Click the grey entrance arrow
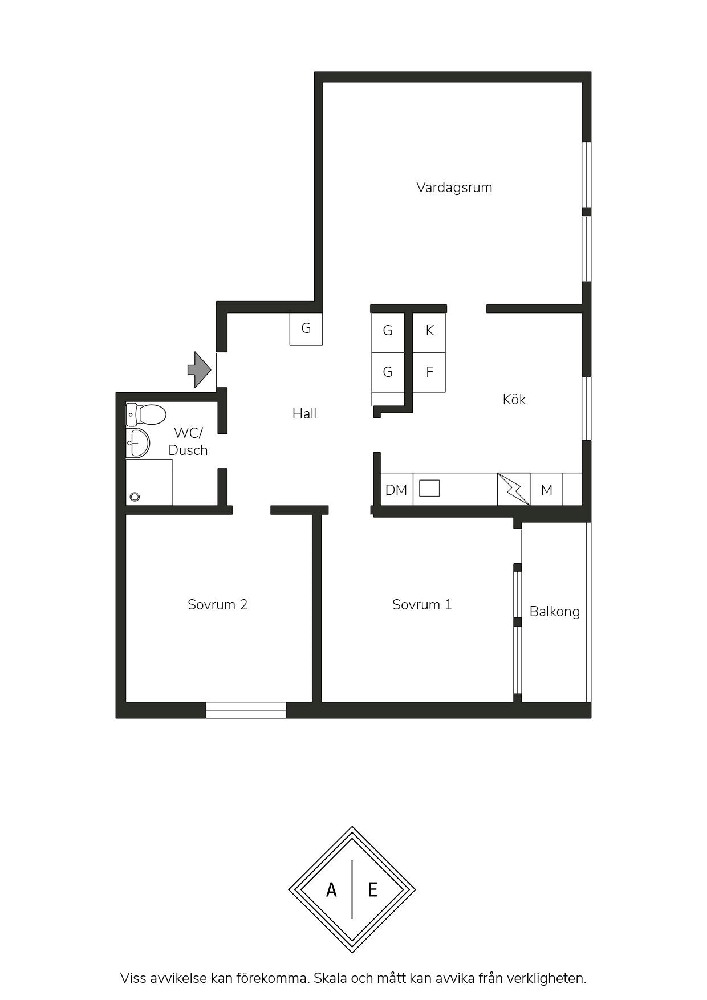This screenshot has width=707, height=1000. coord(199,369)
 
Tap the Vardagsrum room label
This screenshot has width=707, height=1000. coord(454,188)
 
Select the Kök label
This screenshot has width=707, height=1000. coord(514,399)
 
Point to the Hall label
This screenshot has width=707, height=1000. coord(304,413)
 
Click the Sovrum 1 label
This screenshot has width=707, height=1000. coord(422,604)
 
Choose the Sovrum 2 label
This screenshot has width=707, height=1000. coord(217,604)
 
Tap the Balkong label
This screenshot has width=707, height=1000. coord(554,612)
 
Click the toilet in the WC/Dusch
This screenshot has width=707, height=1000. coord(146,415)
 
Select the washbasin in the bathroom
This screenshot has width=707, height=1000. coord(138,443)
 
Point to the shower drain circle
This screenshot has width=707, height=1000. coord(135,497)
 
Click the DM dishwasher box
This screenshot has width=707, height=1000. coord(396,489)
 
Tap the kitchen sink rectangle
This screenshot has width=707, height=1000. coord(429,488)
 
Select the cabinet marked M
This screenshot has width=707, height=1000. coord(546,489)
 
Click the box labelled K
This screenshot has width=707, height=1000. coord(429,330)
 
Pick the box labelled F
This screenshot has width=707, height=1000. coord(429,372)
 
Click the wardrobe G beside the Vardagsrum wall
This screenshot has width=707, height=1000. coord(306,329)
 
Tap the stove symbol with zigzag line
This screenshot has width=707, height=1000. coord(514,489)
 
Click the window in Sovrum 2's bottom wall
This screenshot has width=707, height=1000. coord(246,710)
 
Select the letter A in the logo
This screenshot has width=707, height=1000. coord(331,889)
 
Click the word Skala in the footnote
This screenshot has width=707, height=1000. coord(330,978)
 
